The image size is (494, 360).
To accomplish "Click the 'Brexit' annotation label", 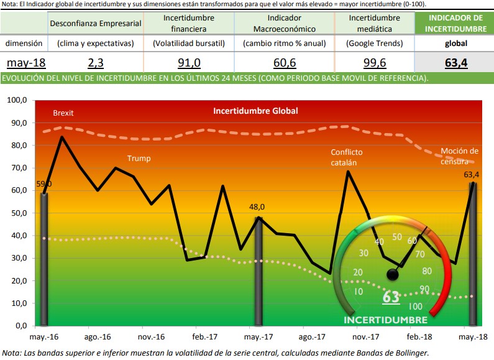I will coord(63,113).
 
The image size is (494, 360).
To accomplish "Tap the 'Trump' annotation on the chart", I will coord(139,159).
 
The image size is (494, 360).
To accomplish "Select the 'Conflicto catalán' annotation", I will coord(347,157).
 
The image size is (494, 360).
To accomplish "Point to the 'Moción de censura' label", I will coord(459,156).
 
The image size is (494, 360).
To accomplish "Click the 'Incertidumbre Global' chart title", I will coord(255,111).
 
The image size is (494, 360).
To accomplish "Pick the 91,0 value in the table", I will coord(189,63).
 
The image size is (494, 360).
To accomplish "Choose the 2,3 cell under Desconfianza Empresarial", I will coord(96,63).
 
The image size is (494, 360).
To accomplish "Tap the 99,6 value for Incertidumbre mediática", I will coord(373,63).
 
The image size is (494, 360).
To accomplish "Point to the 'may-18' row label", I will coord(26,63).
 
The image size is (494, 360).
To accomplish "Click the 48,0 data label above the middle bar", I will coord(258,208).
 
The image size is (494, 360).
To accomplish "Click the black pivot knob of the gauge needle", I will coord(391,274).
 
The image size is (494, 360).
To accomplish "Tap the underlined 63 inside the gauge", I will coord(391,297).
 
